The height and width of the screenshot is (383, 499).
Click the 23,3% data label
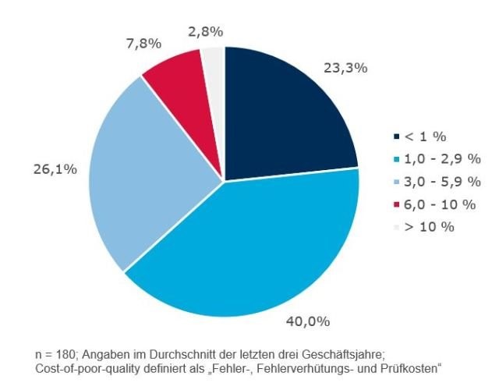345,68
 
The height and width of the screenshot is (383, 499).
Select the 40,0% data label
308,321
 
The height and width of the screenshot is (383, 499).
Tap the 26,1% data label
55,169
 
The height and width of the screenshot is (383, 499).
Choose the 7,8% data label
143,44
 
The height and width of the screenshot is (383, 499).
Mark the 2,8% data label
206,32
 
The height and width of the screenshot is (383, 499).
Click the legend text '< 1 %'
425,137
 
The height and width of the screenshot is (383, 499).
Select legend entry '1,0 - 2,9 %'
442,159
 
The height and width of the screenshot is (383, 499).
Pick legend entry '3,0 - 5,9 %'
442,182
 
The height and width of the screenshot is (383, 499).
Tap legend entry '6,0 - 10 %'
440,204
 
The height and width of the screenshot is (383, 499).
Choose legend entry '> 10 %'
429,227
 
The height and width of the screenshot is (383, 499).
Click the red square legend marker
396,204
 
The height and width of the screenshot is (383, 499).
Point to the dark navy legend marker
396,137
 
